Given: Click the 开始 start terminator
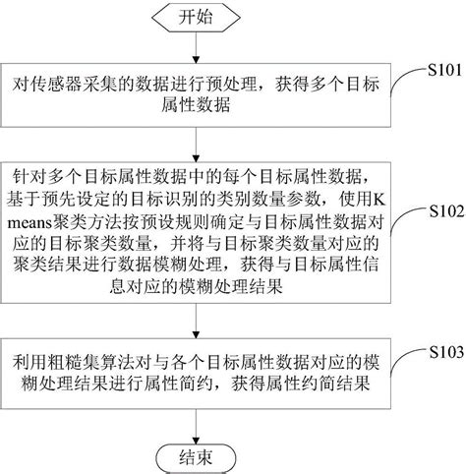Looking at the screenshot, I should coord(194,18).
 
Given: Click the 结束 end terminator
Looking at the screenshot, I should coord(194,456).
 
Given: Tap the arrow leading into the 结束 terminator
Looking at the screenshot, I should coord(194,421).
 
